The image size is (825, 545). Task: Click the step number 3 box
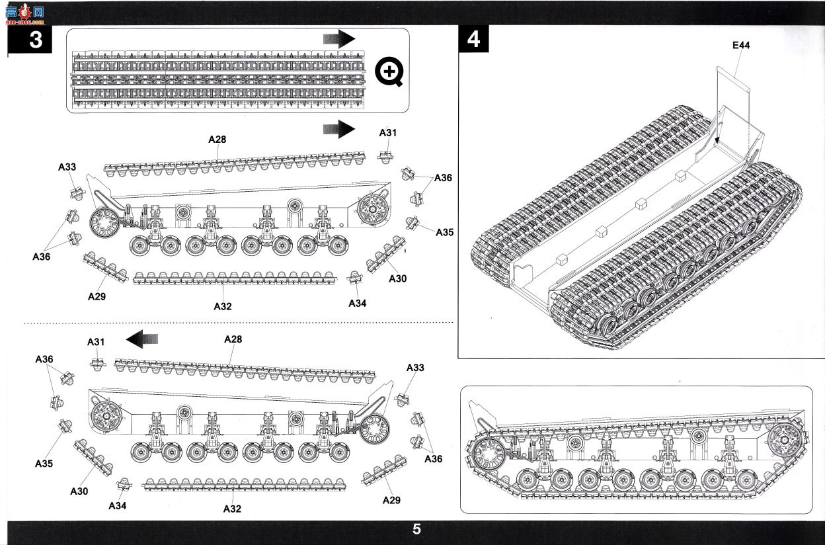[30, 39]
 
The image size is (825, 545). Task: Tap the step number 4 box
[473, 39]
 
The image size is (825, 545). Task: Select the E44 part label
[741, 46]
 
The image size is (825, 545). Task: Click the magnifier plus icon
[389, 71]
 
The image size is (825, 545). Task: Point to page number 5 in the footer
[416, 529]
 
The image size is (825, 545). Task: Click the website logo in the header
[24, 14]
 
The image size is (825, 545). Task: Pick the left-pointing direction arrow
[141, 339]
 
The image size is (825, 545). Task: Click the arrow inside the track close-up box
[339, 38]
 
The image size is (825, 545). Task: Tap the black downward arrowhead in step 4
[717, 140]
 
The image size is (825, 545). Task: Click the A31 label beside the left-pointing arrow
[96, 342]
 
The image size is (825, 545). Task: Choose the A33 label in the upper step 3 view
[67, 167]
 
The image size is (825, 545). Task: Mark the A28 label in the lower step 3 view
[233, 339]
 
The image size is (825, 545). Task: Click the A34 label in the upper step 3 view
[357, 304]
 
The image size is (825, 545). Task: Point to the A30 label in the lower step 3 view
[79, 491]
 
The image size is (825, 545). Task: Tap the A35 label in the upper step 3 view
[444, 232]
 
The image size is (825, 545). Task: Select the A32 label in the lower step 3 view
[232, 509]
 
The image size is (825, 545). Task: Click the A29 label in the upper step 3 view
[97, 296]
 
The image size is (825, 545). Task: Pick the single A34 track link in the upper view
[355, 277]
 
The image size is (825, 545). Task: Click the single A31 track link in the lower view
[98, 364]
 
